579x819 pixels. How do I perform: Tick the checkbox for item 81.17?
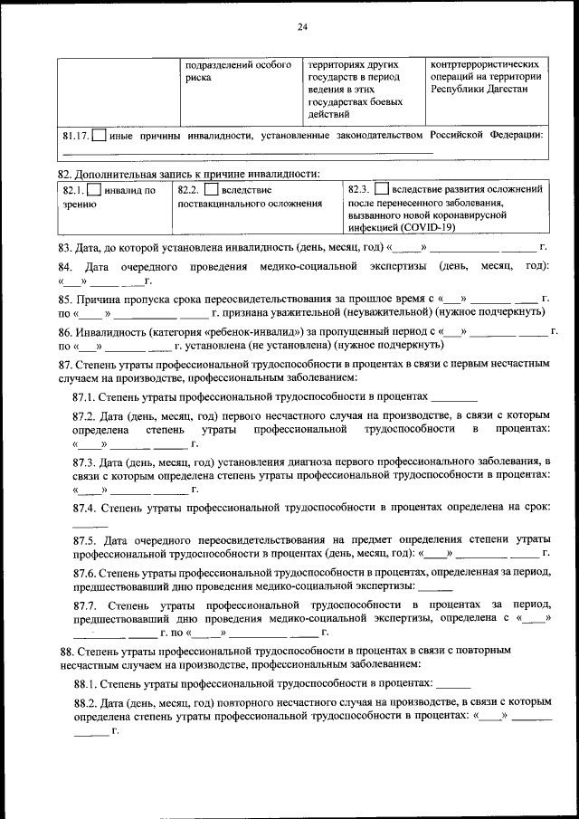pyautogui.click(x=99, y=136)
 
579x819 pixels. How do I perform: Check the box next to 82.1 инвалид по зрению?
pyautogui.click(x=94, y=190)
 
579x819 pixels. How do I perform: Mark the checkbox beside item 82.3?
pyautogui.click(x=381, y=190)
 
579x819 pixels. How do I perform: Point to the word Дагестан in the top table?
pyautogui.click(x=519, y=90)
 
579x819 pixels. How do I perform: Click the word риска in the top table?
pyautogui.click(x=199, y=78)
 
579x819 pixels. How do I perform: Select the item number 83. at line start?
pyautogui.click(x=66, y=247)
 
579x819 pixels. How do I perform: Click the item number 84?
pyautogui.click(x=65, y=268)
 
